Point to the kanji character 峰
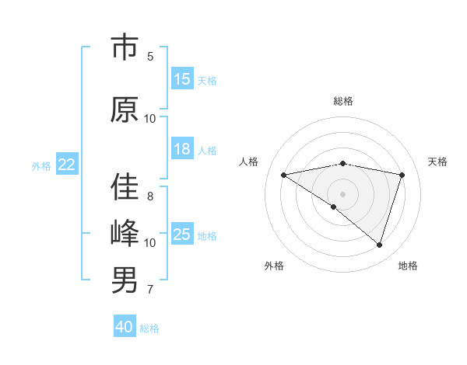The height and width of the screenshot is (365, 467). [x=125, y=234]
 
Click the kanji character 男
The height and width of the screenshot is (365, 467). [x=125, y=280]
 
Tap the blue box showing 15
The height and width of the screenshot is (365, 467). [x=182, y=79]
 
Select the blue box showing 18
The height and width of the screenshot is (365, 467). [x=182, y=150]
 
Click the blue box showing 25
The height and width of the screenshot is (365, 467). [x=182, y=235]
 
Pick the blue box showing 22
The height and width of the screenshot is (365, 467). [x=67, y=165]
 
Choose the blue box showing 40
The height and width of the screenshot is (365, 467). [x=125, y=327]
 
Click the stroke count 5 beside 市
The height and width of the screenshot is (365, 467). [x=150, y=56]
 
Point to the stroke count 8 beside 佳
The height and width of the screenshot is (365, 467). [x=150, y=196]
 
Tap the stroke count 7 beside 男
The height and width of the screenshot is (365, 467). [x=150, y=290]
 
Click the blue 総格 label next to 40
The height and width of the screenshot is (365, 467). [x=149, y=328]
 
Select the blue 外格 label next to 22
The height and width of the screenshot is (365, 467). [x=41, y=165]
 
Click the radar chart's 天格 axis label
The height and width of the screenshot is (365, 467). [x=438, y=162]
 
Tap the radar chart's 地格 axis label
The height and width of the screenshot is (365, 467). [x=408, y=266]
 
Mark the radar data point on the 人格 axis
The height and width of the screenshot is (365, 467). [x=284, y=175]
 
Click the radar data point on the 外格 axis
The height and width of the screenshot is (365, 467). [x=334, y=207]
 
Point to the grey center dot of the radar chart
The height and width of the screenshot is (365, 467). [x=342, y=193]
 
